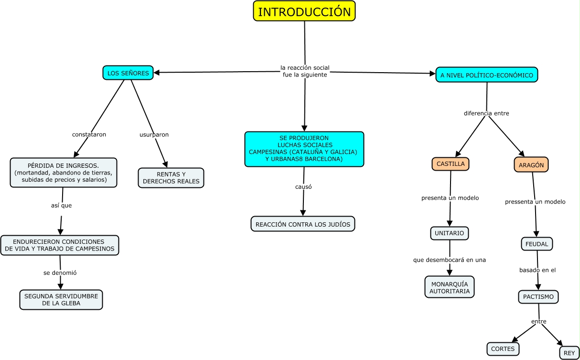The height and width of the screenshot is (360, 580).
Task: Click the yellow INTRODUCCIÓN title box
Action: (304, 11)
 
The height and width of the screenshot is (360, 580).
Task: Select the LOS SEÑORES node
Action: (128, 73)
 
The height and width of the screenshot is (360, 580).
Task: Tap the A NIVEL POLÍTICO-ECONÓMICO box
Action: (487, 75)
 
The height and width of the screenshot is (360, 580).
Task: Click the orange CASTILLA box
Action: (451, 164)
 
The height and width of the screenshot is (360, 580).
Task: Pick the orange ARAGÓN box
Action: (531, 164)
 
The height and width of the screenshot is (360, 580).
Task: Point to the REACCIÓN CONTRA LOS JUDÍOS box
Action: (303, 224)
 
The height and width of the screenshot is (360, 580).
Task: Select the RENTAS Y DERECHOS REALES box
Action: (171, 178)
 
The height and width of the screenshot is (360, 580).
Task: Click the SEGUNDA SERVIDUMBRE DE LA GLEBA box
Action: (61, 299)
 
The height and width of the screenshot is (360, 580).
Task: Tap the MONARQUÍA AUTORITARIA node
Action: (450, 287)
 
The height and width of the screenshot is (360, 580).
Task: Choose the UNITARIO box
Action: (450, 233)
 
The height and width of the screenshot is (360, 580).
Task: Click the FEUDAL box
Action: (537, 244)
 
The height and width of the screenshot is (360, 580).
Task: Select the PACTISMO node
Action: (538, 297)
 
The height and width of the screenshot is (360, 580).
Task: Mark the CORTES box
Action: (503, 349)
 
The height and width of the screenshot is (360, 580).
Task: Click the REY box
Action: (569, 353)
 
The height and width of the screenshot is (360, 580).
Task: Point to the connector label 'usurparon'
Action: (154, 135)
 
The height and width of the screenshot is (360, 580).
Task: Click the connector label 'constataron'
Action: (89, 135)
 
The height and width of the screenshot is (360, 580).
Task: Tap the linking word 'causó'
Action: (303, 187)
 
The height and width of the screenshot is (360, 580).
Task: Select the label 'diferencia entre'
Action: (486, 114)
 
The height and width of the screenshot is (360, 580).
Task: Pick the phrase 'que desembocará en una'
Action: (450, 260)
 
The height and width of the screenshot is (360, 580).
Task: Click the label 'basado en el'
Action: (537, 270)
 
